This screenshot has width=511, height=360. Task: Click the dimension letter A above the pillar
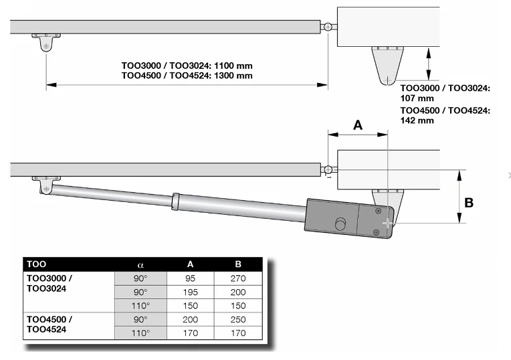click(358, 125)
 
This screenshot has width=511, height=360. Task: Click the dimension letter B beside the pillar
click(469, 203)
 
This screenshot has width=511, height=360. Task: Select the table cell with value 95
click(191, 278)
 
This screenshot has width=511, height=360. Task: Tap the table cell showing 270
click(238, 278)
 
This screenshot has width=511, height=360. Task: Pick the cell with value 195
click(191, 292)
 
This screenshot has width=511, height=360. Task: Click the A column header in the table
click(191, 264)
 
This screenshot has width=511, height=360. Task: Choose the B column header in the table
click(238, 264)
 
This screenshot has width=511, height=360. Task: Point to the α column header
click(140, 265)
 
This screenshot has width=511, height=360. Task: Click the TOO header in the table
click(37, 264)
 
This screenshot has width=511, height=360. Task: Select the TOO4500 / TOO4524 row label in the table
click(49, 325)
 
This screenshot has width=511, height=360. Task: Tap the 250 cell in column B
click(238, 320)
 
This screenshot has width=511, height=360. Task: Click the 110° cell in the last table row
click(140, 333)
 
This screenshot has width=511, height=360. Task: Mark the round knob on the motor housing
click(340, 223)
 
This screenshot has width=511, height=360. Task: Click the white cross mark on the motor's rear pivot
click(387, 223)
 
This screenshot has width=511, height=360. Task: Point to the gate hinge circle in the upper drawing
click(328, 27)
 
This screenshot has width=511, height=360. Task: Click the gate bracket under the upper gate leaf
click(46, 42)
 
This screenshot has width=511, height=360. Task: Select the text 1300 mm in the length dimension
click(233, 76)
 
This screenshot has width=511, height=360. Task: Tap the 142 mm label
click(417, 120)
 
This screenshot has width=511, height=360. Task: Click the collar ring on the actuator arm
click(175, 201)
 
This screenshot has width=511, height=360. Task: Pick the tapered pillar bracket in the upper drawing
click(387, 66)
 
